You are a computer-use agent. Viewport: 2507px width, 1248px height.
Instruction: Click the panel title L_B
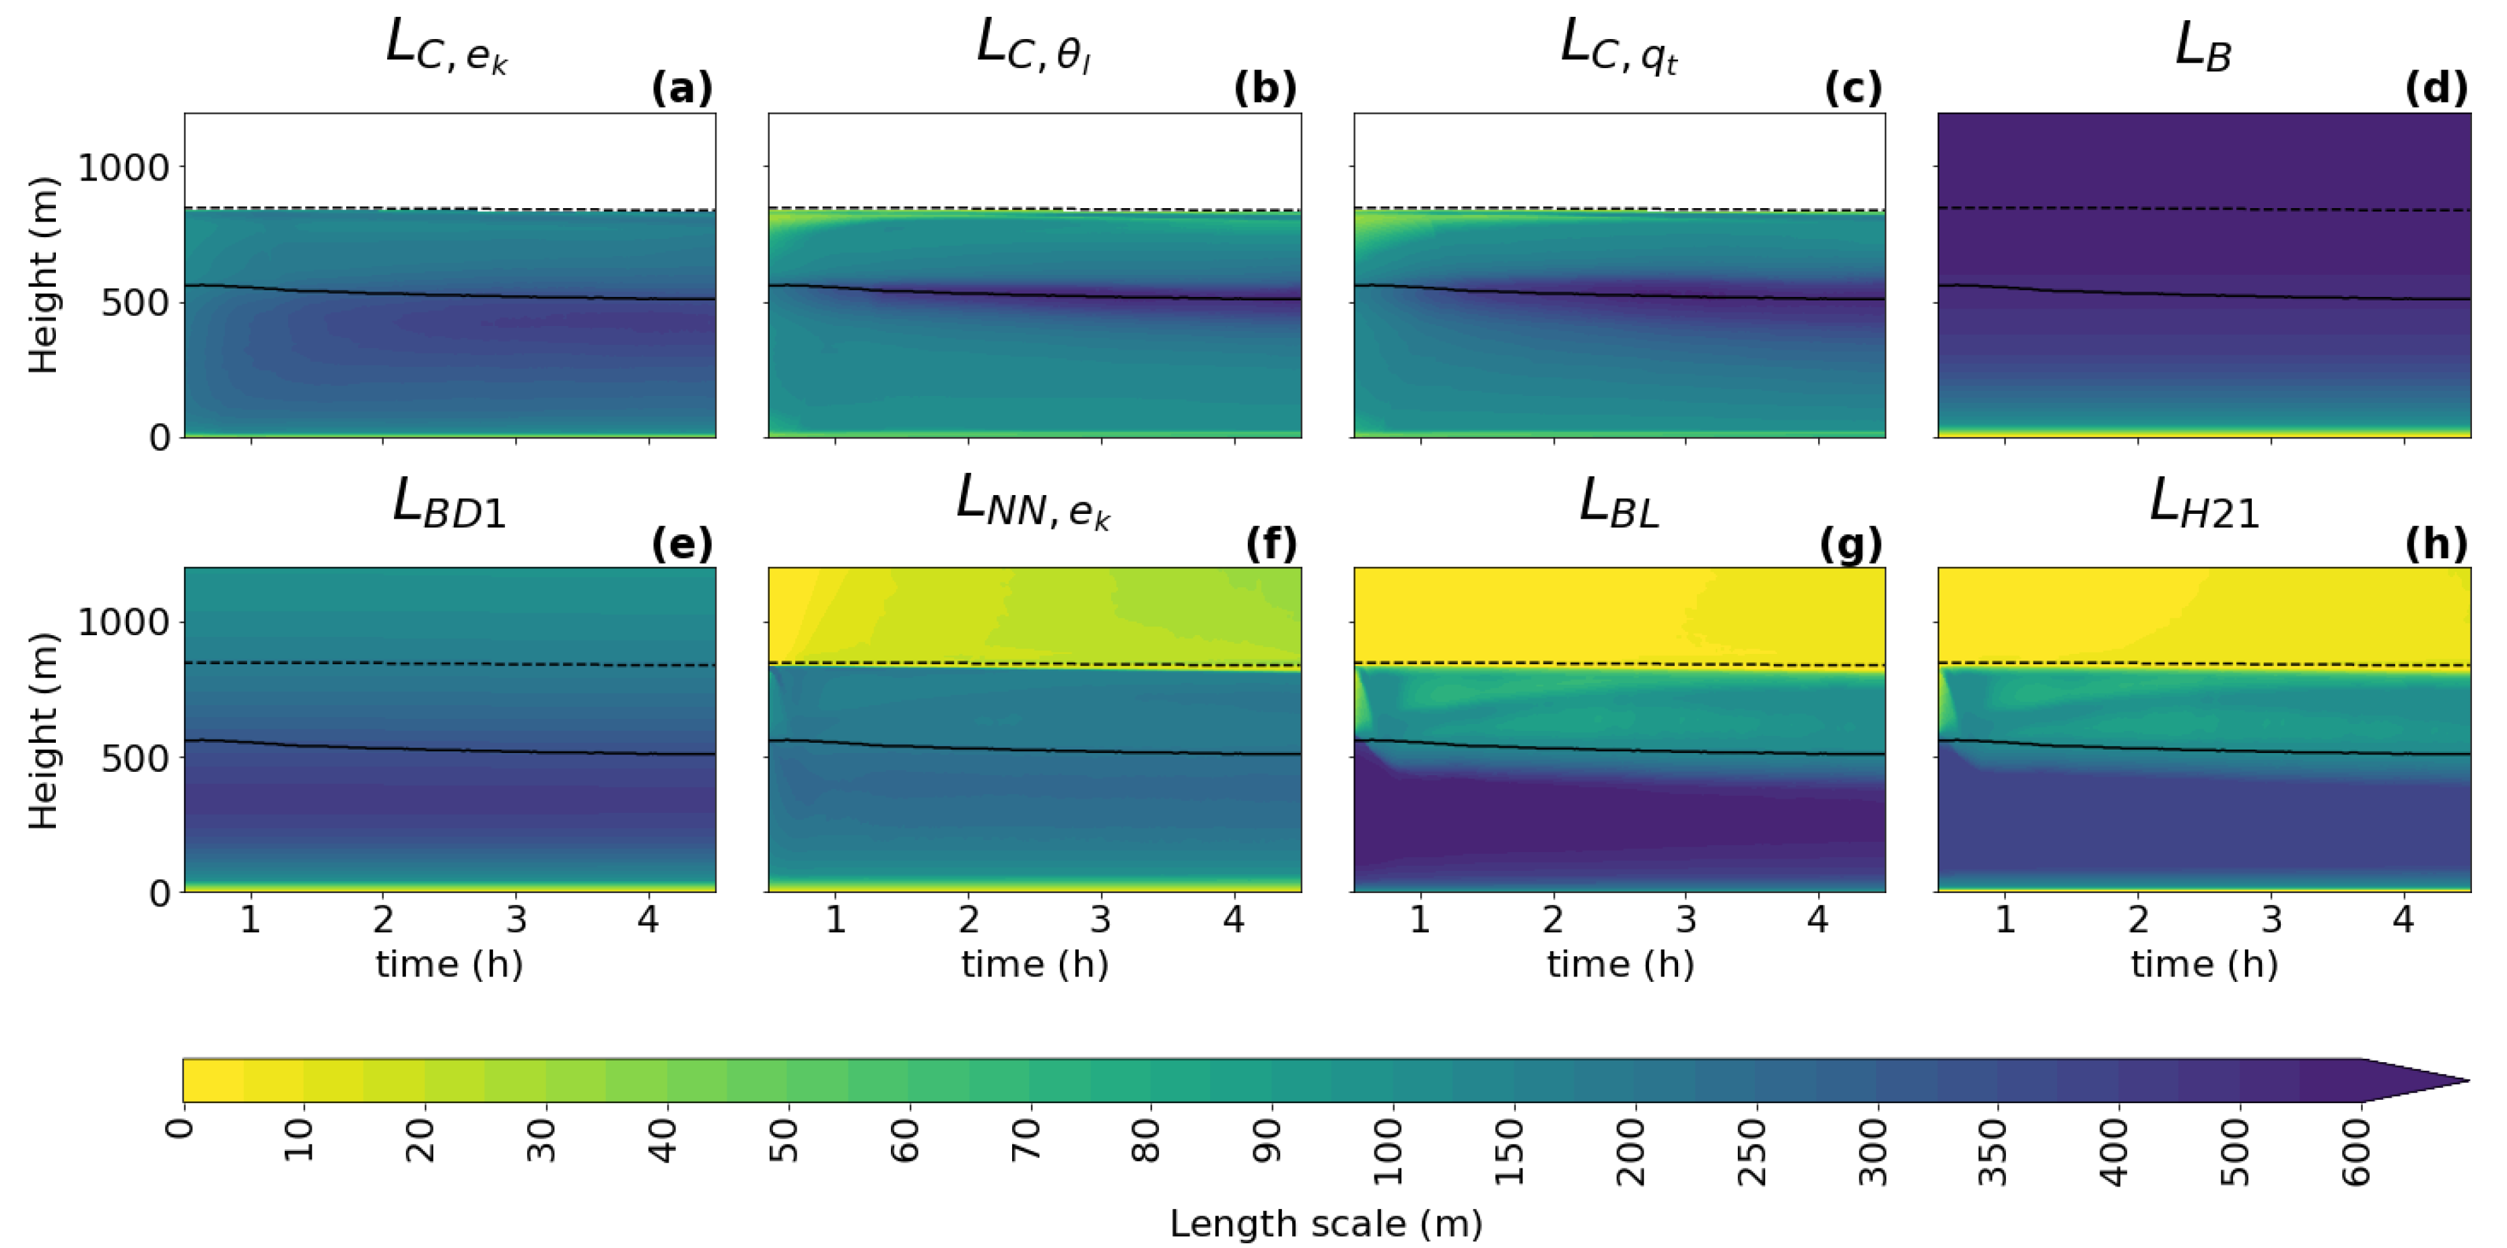pos(2203,46)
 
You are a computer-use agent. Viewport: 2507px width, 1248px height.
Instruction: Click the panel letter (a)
pos(682,89)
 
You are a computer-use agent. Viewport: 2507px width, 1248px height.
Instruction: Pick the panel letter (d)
pos(2436,89)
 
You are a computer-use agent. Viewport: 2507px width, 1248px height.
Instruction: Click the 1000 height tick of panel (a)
pos(124,168)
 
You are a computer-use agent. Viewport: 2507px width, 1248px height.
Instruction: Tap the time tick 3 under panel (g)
pos(1685,919)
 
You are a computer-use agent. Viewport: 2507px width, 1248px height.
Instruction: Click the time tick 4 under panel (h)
pos(2403,919)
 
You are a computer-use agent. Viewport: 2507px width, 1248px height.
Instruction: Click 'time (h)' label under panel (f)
pos(1034,964)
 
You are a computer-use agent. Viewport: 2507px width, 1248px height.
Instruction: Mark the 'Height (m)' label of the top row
pos(44,275)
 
